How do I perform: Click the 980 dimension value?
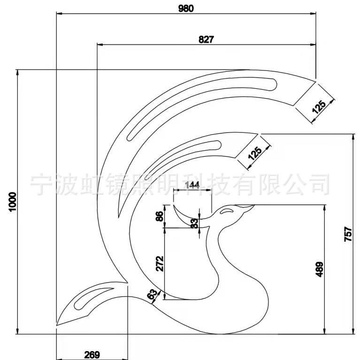tap(186, 8)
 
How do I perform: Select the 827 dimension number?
tap(206, 39)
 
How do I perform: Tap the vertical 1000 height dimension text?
tap(13, 202)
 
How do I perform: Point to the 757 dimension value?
tap(348, 234)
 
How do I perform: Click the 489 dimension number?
tap(319, 269)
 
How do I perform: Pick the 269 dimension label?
tap(92, 355)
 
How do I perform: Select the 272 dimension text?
tap(160, 264)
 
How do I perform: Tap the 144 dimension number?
tap(192, 185)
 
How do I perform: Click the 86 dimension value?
tap(160, 216)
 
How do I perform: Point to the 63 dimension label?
tap(153, 294)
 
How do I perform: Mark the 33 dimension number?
tap(194, 223)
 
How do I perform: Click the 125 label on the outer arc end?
tap(319, 107)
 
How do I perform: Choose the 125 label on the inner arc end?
tap(255, 153)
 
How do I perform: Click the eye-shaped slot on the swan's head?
tap(226, 211)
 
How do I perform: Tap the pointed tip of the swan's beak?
tap(254, 205)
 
